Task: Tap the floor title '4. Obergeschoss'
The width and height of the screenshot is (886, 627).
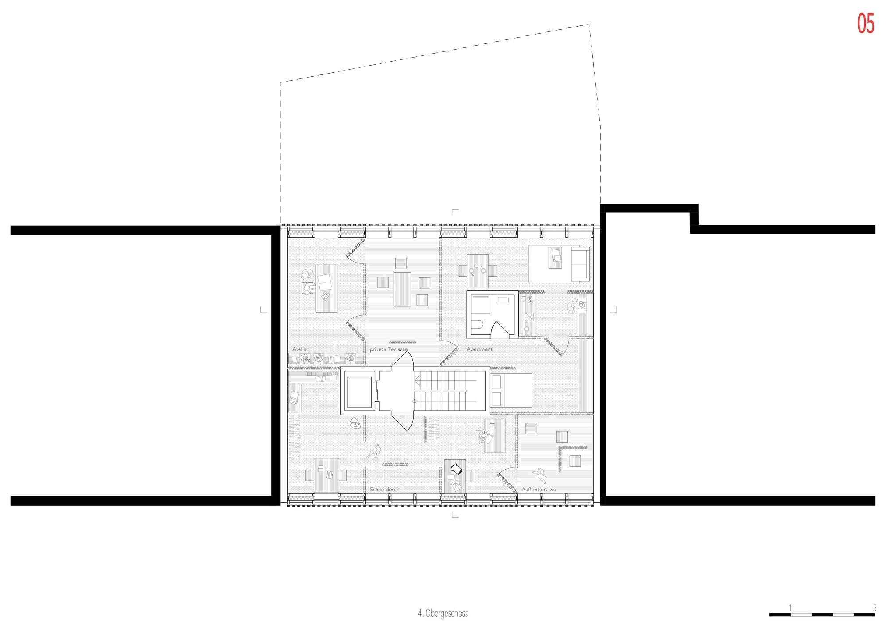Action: tap(443, 613)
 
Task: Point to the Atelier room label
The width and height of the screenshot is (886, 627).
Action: tap(300, 349)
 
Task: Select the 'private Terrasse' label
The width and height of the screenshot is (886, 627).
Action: tap(389, 349)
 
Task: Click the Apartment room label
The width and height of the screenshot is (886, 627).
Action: tap(479, 349)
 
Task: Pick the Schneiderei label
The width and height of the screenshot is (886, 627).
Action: tap(384, 489)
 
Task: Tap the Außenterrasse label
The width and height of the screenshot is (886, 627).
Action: tap(539, 489)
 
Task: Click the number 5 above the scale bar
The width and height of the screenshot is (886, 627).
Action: tap(874, 608)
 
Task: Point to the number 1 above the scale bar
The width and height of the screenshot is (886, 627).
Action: tap(790, 608)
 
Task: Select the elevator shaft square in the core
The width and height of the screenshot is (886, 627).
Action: tap(359, 392)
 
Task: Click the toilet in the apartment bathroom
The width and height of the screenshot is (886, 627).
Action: tap(477, 326)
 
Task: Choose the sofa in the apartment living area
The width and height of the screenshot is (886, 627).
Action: tap(580, 264)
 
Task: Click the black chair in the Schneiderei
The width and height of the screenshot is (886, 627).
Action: tap(456, 469)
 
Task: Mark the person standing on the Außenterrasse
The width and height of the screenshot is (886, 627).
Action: tap(540, 475)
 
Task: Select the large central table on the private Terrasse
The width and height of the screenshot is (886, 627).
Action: tap(402, 289)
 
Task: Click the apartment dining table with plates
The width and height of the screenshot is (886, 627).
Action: tap(478, 271)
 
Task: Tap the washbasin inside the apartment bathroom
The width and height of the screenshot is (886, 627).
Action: tap(503, 300)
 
